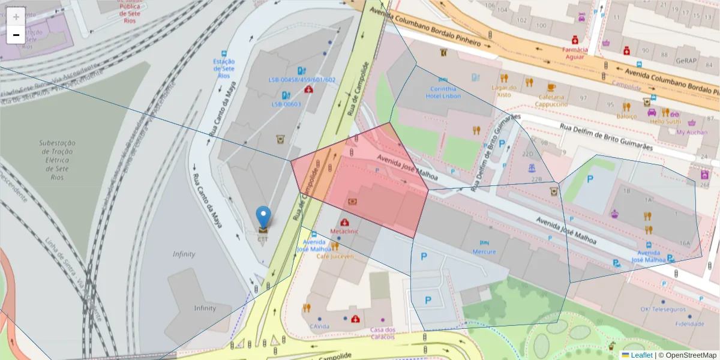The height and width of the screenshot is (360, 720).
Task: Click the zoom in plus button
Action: click(16, 17)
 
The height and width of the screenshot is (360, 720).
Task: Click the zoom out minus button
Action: click(16, 35)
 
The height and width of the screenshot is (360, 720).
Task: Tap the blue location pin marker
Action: click(263, 217)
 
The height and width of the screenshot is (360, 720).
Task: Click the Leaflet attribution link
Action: click(641, 355)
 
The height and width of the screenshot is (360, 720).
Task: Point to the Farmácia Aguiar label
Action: click(574, 53)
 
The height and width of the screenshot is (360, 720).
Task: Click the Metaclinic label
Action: click(344, 231)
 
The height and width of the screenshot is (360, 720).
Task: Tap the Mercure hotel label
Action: click(484, 251)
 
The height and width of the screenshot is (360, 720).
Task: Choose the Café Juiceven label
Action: click(335, 256)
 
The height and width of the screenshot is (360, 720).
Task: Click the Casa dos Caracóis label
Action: click(382, 333)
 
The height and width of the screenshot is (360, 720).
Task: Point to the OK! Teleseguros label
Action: click(663, 310)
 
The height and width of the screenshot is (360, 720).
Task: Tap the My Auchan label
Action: click(692, 132)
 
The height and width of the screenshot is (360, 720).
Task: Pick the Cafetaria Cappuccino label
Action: click(551, 100)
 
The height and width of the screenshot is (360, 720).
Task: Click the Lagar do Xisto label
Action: click(504, 91)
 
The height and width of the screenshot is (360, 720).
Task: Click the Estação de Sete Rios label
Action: click(224, 68)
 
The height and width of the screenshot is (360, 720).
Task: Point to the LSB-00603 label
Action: click(286, 104)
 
